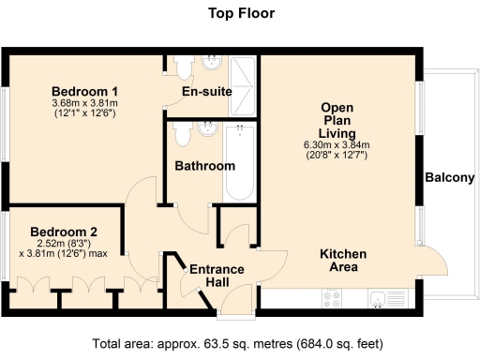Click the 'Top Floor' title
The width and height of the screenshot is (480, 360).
[x=239, y=13]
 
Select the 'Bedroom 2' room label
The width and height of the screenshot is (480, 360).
[x=63, y=232]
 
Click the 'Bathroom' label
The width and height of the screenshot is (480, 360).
[x=204, y=166]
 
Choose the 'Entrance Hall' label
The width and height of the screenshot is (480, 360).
[x=217, y=277]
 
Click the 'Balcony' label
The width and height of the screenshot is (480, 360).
[x=449, y=178]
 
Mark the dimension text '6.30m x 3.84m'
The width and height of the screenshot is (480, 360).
[x=337, y=144]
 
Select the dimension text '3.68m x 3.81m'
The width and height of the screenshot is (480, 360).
[x=83, y=103]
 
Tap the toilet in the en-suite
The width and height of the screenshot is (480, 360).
[x=182, y=68]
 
